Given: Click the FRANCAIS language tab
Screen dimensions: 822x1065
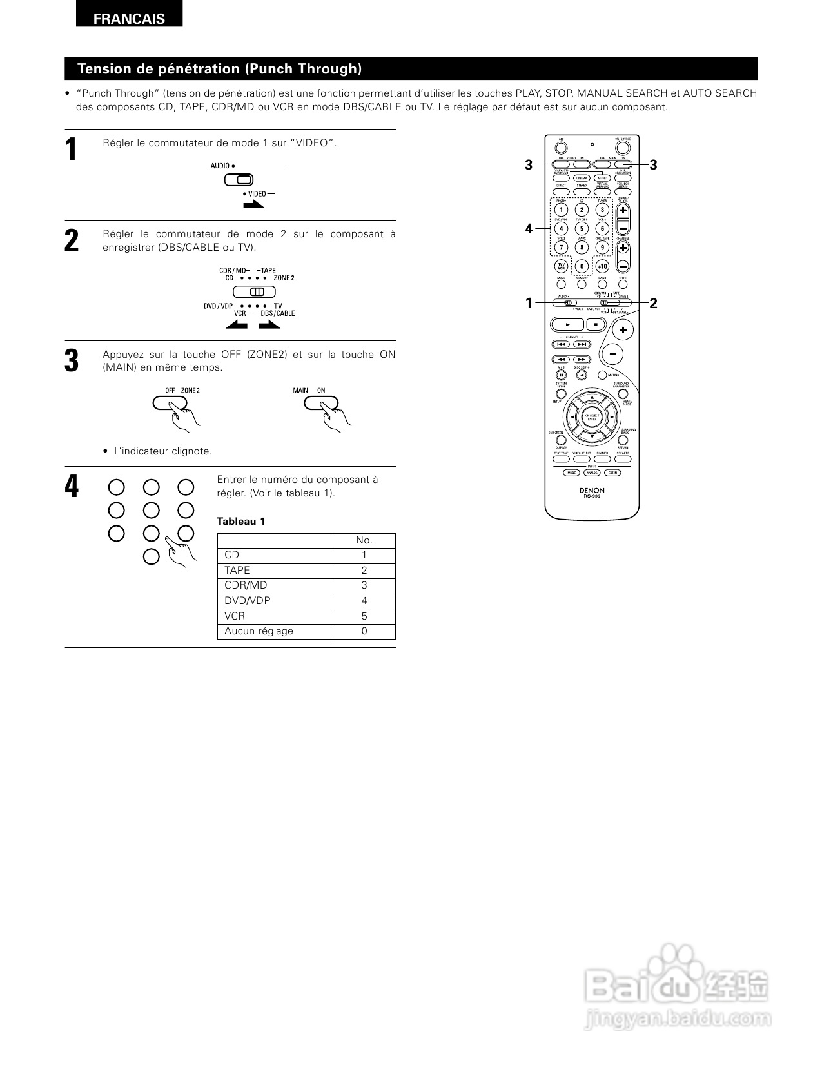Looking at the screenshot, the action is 129,19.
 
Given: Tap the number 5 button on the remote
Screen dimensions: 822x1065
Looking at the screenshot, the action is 582,228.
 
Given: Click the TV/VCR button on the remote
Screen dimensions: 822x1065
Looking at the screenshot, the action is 561,266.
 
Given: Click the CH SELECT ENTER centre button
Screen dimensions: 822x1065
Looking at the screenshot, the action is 592,417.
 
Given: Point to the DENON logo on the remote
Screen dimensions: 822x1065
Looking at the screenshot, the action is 592,491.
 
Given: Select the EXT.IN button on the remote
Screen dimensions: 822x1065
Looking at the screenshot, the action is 612,473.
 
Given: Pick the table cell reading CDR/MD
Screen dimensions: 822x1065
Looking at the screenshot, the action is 275,585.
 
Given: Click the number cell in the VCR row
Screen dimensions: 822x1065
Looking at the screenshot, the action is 364,616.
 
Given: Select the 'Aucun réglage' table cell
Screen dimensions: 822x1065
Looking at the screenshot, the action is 275,631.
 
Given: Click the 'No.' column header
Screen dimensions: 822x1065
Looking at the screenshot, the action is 364,540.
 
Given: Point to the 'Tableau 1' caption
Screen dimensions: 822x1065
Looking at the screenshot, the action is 241,522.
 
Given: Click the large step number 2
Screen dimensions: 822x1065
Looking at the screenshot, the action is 72,240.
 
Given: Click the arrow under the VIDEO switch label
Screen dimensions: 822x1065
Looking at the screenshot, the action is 253,205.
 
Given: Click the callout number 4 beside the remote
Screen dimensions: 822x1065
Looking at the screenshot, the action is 529,229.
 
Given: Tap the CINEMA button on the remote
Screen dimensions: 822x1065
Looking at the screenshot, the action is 582,178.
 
